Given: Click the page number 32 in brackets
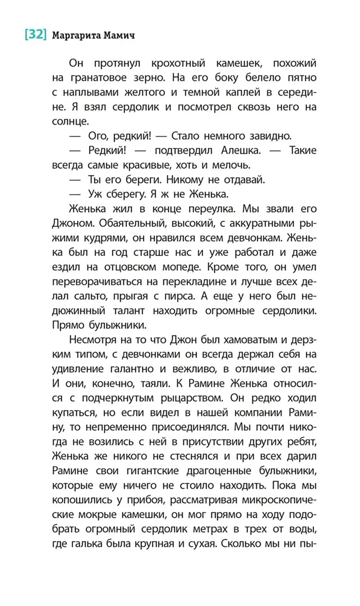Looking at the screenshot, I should [36, 35].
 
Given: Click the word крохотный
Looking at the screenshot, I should [178, 63].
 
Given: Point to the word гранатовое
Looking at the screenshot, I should [97, 78].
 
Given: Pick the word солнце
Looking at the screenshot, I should [70, 121].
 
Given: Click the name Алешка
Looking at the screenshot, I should [240, 151].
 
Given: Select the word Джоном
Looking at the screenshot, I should [73, 223].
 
